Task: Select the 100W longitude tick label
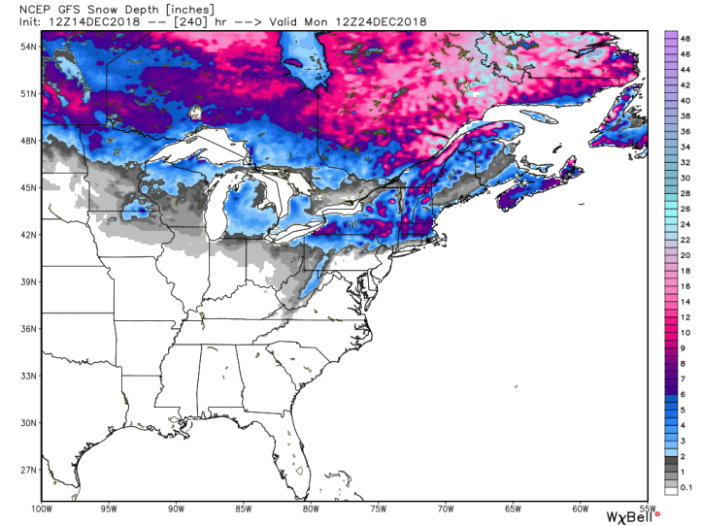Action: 41,507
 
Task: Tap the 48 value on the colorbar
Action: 685,35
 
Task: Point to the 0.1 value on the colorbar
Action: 685,485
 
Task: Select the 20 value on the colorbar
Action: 685,254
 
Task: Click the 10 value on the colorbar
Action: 685,333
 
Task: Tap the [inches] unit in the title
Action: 173,9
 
